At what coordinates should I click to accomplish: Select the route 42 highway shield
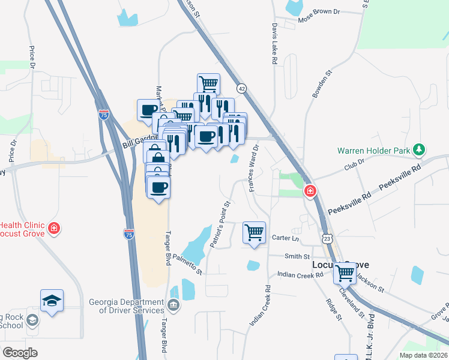241,88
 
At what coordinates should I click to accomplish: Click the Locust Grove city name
340,265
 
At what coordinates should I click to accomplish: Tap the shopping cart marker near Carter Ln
254,233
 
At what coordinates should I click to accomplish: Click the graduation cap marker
52,301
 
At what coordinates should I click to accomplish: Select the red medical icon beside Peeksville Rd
310,192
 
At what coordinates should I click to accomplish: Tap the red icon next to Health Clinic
54,228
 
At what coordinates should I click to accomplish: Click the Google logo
20,352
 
